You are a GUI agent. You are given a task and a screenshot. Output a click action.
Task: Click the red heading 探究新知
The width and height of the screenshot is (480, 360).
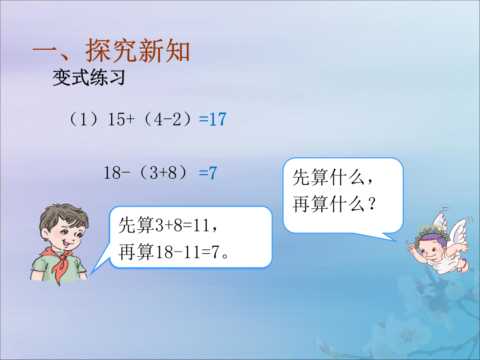point(138,51)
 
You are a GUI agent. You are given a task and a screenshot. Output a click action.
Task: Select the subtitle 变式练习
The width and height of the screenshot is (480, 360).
point(89,77)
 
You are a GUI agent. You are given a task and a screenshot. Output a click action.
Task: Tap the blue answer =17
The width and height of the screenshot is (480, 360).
point(212,119)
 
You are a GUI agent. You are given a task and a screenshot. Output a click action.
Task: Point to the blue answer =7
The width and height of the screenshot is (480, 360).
point(208,173)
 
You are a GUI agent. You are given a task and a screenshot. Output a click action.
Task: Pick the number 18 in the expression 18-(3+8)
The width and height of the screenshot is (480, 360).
point(112,173)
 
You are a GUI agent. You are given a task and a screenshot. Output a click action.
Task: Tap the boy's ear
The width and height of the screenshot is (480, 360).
point(45,235)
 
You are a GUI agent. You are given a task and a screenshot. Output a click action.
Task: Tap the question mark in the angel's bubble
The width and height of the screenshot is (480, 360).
point(372,204)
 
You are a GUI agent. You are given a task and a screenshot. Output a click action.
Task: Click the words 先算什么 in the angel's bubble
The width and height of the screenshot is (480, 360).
point(328,177)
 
